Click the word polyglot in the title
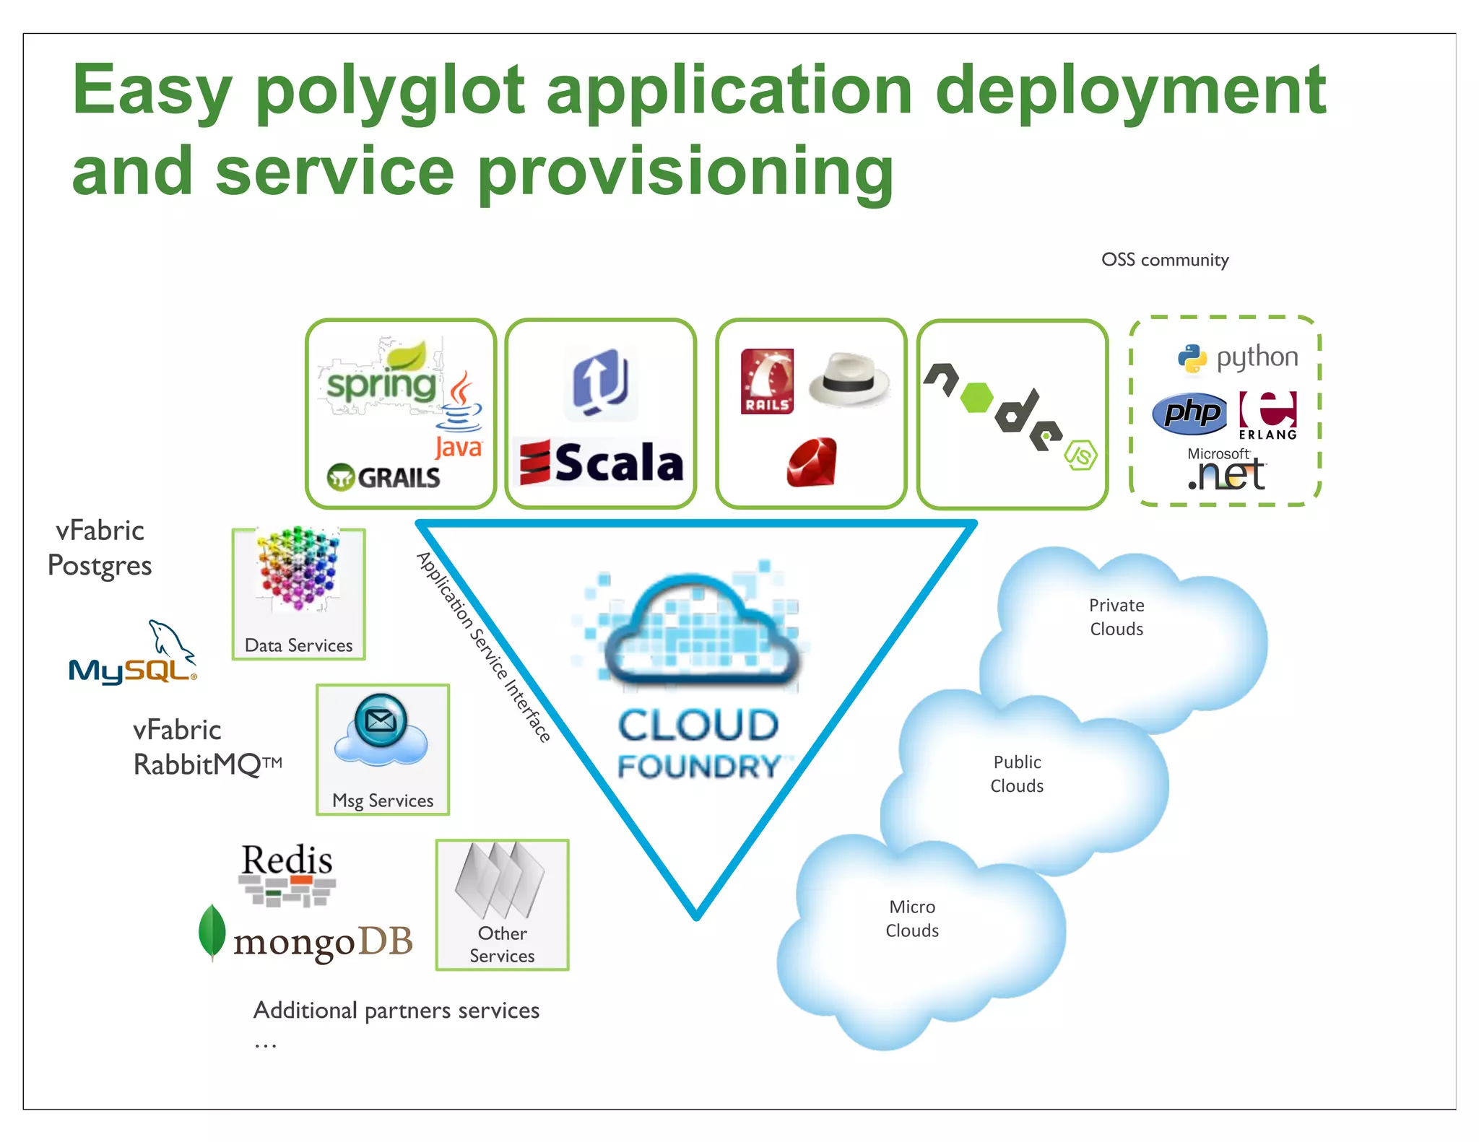pyautogui.click(x=390, y=92)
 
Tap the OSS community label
pyautogui.click(x=1164, y=260)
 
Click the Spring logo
pyautogui.click(x=381, y=383)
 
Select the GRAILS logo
pyautogui.click(x=383, y=477)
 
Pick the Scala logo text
pyautogui.click(x=618, y=463)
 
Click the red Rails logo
pyautogui.click(x=767, y=381)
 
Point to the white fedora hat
pyautogui.click(x=849, y=379)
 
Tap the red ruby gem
pyautogui.click(x=812, y=463)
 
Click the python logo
pyautogui.click(x=1238, y=357)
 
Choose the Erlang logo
pyautogui.click(x=1268, y=415)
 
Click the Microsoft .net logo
pyautogui.click(x=1226, y=470)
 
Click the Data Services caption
pyautogui.click(x=298, y=645)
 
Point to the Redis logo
pyautogui.click(x=287, y=873)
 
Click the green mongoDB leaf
pyautogui.click(x=212, y=931)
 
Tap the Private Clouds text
pyautogui.click(x=1116, y=616)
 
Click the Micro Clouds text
pyautogui.click(x=912, y=918)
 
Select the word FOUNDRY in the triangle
pyautogui.click(x=698, y=767)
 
